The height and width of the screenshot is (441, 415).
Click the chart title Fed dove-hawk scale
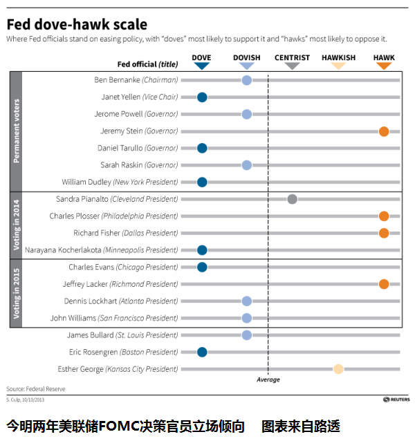[x=77, y=24]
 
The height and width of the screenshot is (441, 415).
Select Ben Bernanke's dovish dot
[x=247, y=80]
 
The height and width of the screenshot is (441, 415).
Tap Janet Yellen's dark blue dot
[x=202, y=97]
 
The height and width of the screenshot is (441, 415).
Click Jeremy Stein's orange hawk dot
[x=384, y=131]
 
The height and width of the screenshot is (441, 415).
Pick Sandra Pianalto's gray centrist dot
[x=292, y=199]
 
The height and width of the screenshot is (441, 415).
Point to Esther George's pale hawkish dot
[x=338, y=369]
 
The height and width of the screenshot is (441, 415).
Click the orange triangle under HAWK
[x=384, y=66]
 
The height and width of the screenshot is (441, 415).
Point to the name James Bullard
[x=90, y=335]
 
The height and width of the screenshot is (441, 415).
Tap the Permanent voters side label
[x=16, y=131]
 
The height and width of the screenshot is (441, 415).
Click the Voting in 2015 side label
[x=16, y=292]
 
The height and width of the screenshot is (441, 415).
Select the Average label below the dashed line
[x=268, y=380]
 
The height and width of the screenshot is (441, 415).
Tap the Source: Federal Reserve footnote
[x=36, y=389]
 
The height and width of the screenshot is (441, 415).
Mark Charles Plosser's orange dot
[x=384, y=216]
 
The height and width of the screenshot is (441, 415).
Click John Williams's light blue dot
[x=247, y=318]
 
